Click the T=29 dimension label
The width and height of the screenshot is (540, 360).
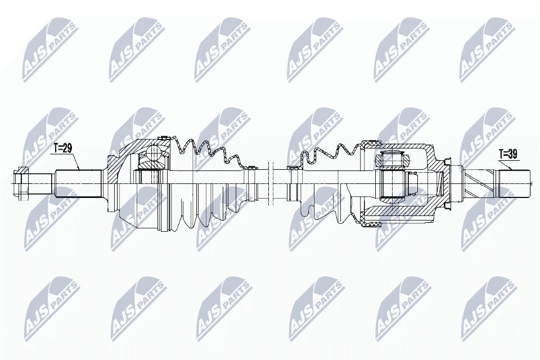[x=63, y=148]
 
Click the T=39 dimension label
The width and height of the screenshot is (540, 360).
[x=508, y=152]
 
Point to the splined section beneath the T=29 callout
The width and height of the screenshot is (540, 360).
[x=77, y=181]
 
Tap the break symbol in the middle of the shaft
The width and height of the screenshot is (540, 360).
[x=270, y=181]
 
